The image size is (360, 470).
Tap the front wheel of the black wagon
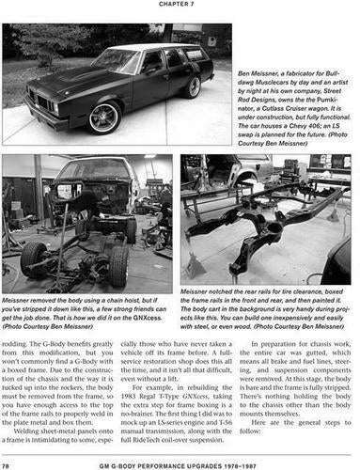[x=105, y=117]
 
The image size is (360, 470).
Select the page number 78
[x=8, y=464]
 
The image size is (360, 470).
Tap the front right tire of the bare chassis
[x=118, y=267]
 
